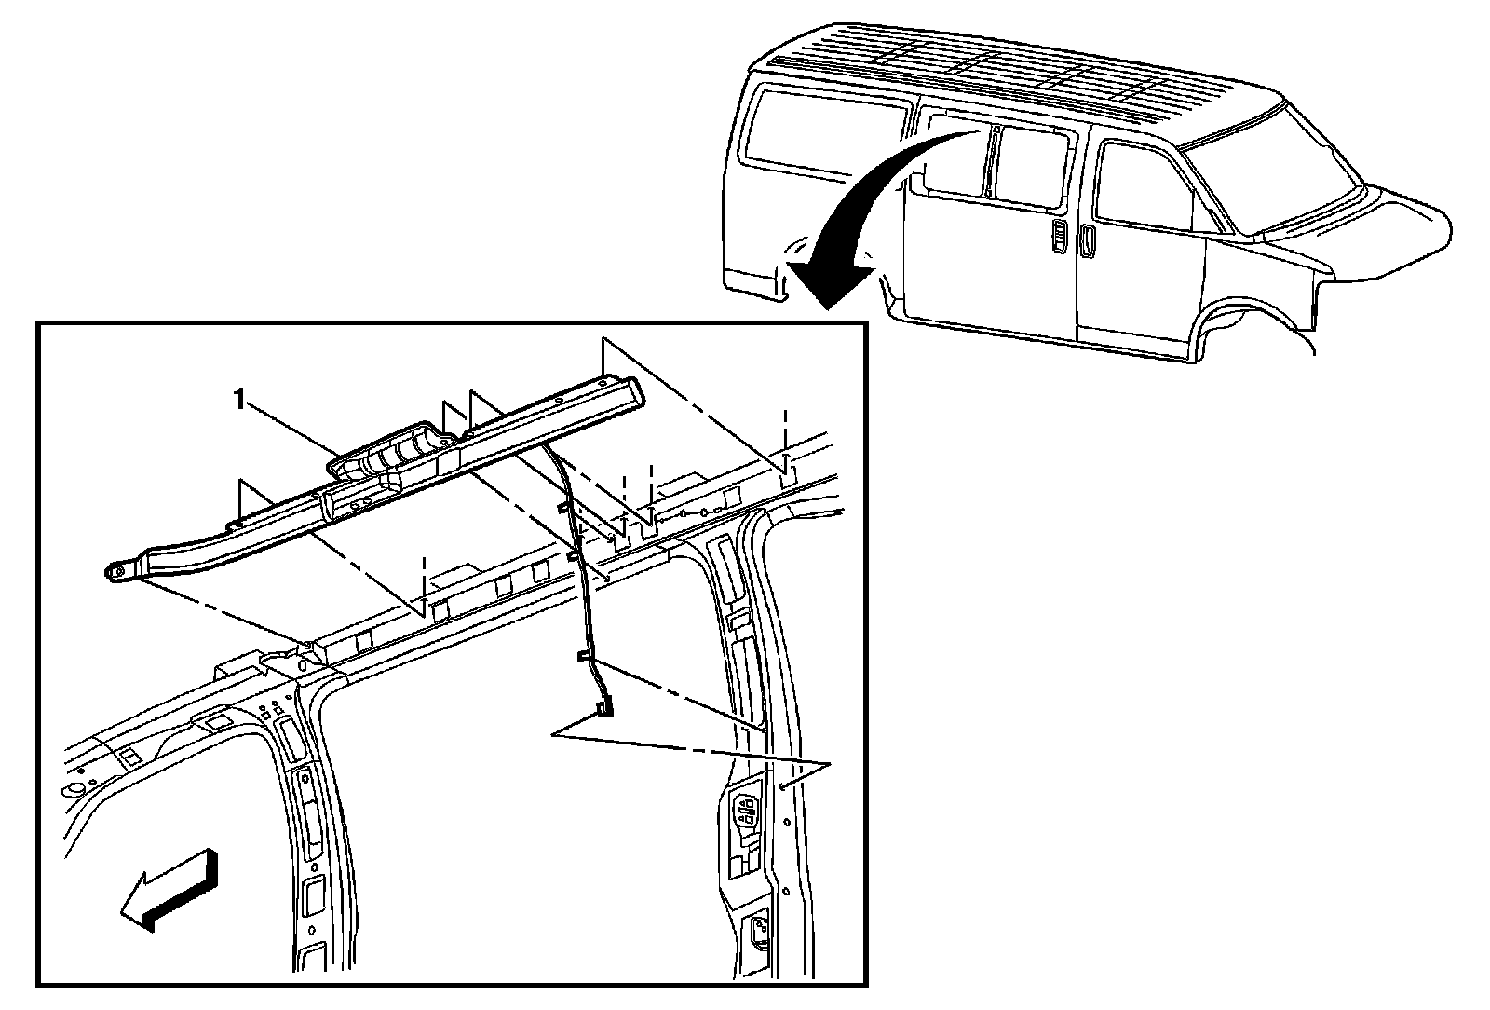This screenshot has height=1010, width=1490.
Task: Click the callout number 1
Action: click(240, 401)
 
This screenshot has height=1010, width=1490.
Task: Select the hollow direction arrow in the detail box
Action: click(172, 889)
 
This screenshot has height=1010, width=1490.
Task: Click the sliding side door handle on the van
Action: click(1061, 237)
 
